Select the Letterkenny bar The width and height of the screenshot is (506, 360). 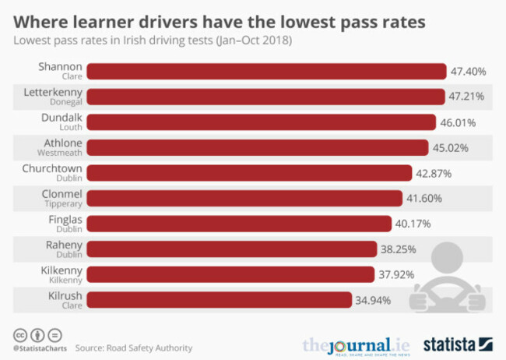coord(264,97)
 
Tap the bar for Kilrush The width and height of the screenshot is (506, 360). coord(219,300)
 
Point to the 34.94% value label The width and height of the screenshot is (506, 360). coord(375,300)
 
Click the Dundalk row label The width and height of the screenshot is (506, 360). coord(61,117)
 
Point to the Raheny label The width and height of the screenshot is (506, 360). coord(63,245)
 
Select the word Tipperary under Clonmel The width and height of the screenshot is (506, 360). coord(64,203)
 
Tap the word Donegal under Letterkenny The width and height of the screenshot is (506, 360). coord(65,101)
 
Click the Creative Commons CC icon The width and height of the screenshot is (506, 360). coord(18,334)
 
